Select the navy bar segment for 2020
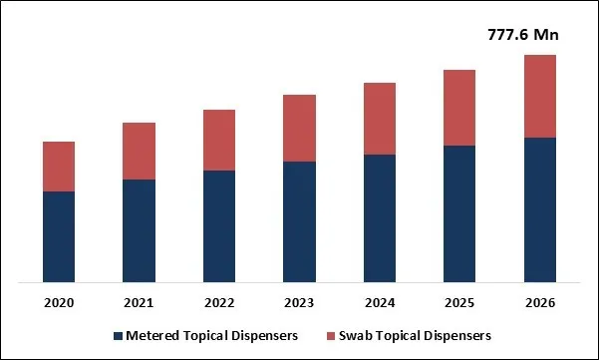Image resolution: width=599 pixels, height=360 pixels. (x=59, y=236)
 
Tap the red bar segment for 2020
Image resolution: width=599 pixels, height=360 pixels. (x=59, y=167)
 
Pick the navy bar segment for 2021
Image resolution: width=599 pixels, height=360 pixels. (x=139, y=230)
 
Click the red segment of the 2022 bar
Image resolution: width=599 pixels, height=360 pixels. (x=219, y=140)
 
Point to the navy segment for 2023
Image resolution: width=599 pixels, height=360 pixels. (x=299, y=221)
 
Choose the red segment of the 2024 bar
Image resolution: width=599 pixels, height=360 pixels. (x=380, y=119)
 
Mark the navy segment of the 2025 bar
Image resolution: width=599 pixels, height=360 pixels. (x=459, y=213)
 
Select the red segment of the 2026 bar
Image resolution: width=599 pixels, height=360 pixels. (x=540, y=96)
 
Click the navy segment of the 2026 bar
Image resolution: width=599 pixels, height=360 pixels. (x=540, y=209)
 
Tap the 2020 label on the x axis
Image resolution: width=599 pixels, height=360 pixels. (x=59, y=302)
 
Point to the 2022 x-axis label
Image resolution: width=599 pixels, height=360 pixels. (x=219, y=302)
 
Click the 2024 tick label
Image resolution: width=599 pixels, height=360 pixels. (x=380, y=302)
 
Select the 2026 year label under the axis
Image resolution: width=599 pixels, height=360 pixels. (x=540, y=302)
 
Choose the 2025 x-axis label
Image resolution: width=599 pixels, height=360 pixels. (x=459, y=302)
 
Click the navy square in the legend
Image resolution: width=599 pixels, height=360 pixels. (x=118, y=336)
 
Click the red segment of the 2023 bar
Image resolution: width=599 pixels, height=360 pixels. (x=299, y=128)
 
